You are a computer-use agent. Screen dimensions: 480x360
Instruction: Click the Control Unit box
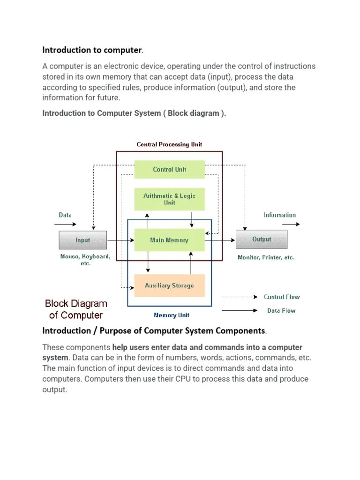pyautogui.click(x=169, y=170)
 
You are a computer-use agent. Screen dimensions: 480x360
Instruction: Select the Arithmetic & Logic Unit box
pyautogui.click(x=169, y=199)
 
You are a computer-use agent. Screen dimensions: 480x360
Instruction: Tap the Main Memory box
pyautogui.click(x=169, y=240)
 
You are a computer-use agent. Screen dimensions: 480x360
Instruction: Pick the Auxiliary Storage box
pyautogui.click(x=169, y=285)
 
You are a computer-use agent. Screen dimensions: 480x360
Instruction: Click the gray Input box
pyautogui.click(x=82, y=240)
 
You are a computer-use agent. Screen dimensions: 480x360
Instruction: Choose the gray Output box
pyautogui.click(x=261, y=240)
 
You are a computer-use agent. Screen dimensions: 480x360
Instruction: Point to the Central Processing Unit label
pyautogui.click(x=169, y=144)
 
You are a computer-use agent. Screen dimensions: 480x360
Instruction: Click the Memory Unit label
pyautogui.click(x=172, y=315)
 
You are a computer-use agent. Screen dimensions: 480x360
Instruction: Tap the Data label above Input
pyautogui.click(x=65, y=215)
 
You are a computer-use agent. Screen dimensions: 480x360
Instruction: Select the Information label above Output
pyautogui.click(x=279, y=215)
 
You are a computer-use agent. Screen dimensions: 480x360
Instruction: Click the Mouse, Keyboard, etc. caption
pyautogui.click(x=85, y=260)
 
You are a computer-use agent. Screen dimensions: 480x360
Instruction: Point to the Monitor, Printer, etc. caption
pyautogui.click(x=266, y=257)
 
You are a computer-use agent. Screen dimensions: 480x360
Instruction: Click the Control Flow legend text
pyautogui.click(x=282, y=297)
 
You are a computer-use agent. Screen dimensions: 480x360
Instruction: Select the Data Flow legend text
pyautogui.click(x=281, y=310)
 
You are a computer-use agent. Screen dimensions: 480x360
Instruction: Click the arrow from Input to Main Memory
pyautogui.click(x=120, y=240)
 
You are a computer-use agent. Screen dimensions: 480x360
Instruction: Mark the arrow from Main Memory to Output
pyautogui.click(x=220, y=240)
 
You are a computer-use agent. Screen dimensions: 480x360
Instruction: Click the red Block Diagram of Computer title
pyautogui.click(x=76, y=309)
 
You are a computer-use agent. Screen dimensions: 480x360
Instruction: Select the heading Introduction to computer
pyautogui.click(x=92, y=50)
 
